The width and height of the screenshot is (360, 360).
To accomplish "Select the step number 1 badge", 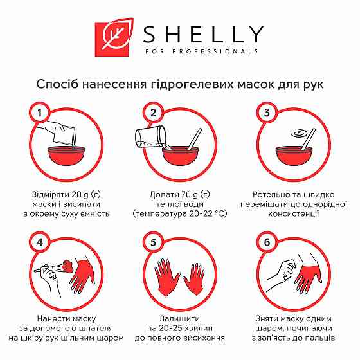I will pos(40,114).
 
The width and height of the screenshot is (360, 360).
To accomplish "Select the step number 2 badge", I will pos(153,114).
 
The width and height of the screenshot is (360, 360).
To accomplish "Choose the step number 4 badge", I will pos(40,244).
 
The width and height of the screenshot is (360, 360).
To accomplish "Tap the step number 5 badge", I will pos(153,244).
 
